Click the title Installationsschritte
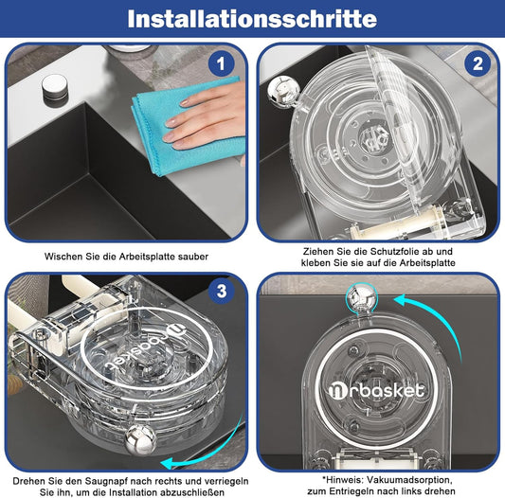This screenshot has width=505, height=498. tap(252, 19)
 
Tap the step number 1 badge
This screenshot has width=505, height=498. tap(221, 63)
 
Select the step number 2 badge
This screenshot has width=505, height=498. tap(478, 63)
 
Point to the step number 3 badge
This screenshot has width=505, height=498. tap(222, 291)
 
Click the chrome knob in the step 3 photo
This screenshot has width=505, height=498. tap(140, 439)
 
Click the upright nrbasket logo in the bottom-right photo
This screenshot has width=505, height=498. tap(376, 390)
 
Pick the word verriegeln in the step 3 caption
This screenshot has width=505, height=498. tap(226, 481)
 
